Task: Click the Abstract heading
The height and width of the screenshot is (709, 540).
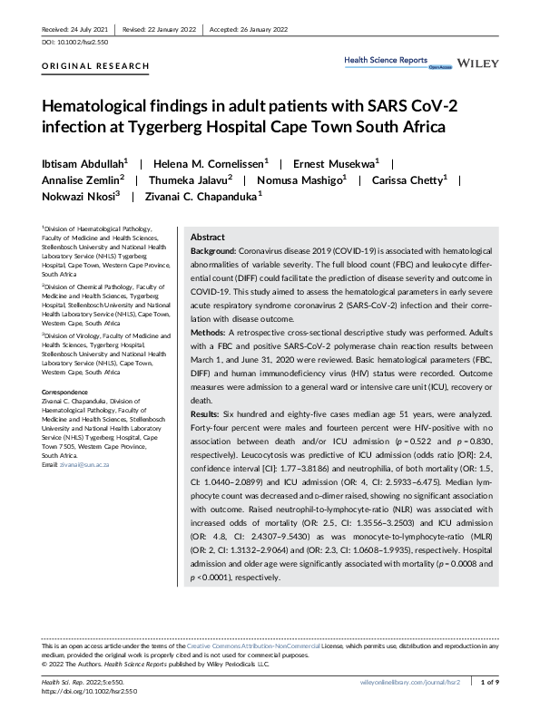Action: (208, 236)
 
